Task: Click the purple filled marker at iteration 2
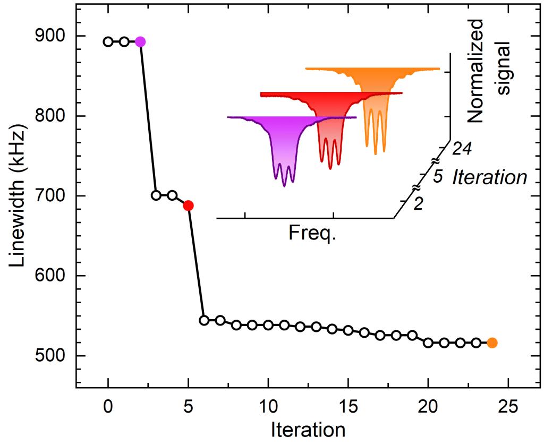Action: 140,42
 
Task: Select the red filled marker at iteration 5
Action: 188,206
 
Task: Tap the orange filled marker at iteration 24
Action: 492,343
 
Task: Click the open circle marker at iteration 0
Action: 108,42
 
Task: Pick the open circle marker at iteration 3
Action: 156,195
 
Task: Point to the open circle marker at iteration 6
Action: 204,320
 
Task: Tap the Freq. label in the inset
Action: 312,232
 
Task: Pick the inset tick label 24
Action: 462,150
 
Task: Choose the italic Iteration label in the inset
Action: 489,177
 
